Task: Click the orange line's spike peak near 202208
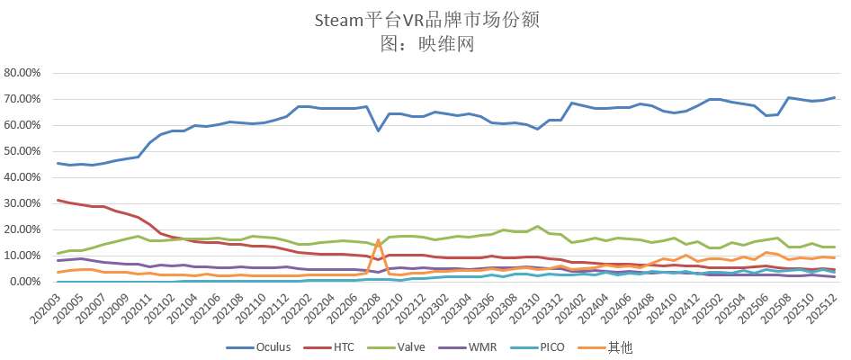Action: [379, 240]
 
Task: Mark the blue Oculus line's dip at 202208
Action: [379, 130]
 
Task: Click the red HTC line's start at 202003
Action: [58, 200]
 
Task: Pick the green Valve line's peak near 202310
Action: [537, 227]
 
